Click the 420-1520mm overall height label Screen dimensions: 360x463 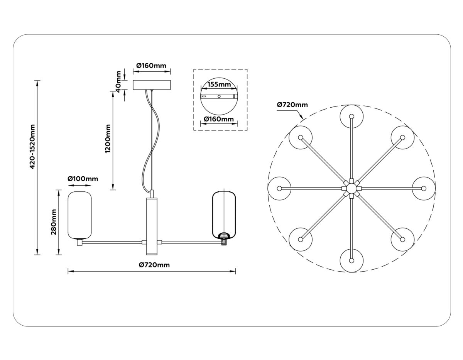[33, 147]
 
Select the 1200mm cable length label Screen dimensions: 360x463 [108, 139]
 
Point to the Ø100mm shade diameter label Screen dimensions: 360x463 [83, 179]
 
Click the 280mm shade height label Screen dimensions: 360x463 [54, 222]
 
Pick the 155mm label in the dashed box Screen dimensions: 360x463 [219, 84]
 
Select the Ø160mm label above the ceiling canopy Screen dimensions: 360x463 [152, 66]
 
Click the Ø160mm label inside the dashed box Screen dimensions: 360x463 [219, 119]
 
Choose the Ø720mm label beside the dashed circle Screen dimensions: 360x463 [292, 105]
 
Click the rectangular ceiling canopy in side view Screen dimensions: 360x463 [152, 85]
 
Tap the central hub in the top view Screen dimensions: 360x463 [351, 188]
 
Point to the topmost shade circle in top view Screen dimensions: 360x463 [351, 116]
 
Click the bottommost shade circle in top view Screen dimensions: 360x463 [351, 260]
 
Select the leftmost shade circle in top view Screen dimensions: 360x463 [279, 188]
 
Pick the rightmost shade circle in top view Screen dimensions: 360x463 [424, 188]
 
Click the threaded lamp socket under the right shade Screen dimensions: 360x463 [224, 242]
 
